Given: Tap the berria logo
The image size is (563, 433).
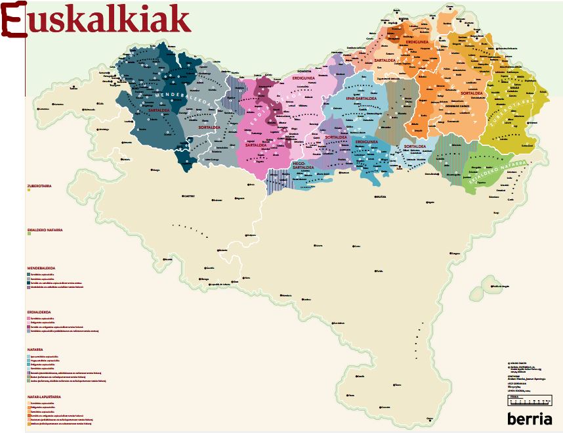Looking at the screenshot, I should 530,419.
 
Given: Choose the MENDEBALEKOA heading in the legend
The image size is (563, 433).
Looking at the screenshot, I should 40,267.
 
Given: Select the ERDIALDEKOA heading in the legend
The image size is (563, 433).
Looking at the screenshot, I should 39,311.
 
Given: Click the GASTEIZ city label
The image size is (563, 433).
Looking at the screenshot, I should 189,195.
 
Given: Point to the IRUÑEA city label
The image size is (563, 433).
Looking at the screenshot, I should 380,196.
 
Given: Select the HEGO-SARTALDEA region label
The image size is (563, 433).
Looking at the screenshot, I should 302,165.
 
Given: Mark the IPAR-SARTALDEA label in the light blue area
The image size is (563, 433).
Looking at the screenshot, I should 360,99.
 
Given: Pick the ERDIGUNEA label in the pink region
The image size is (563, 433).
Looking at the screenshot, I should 303,78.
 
